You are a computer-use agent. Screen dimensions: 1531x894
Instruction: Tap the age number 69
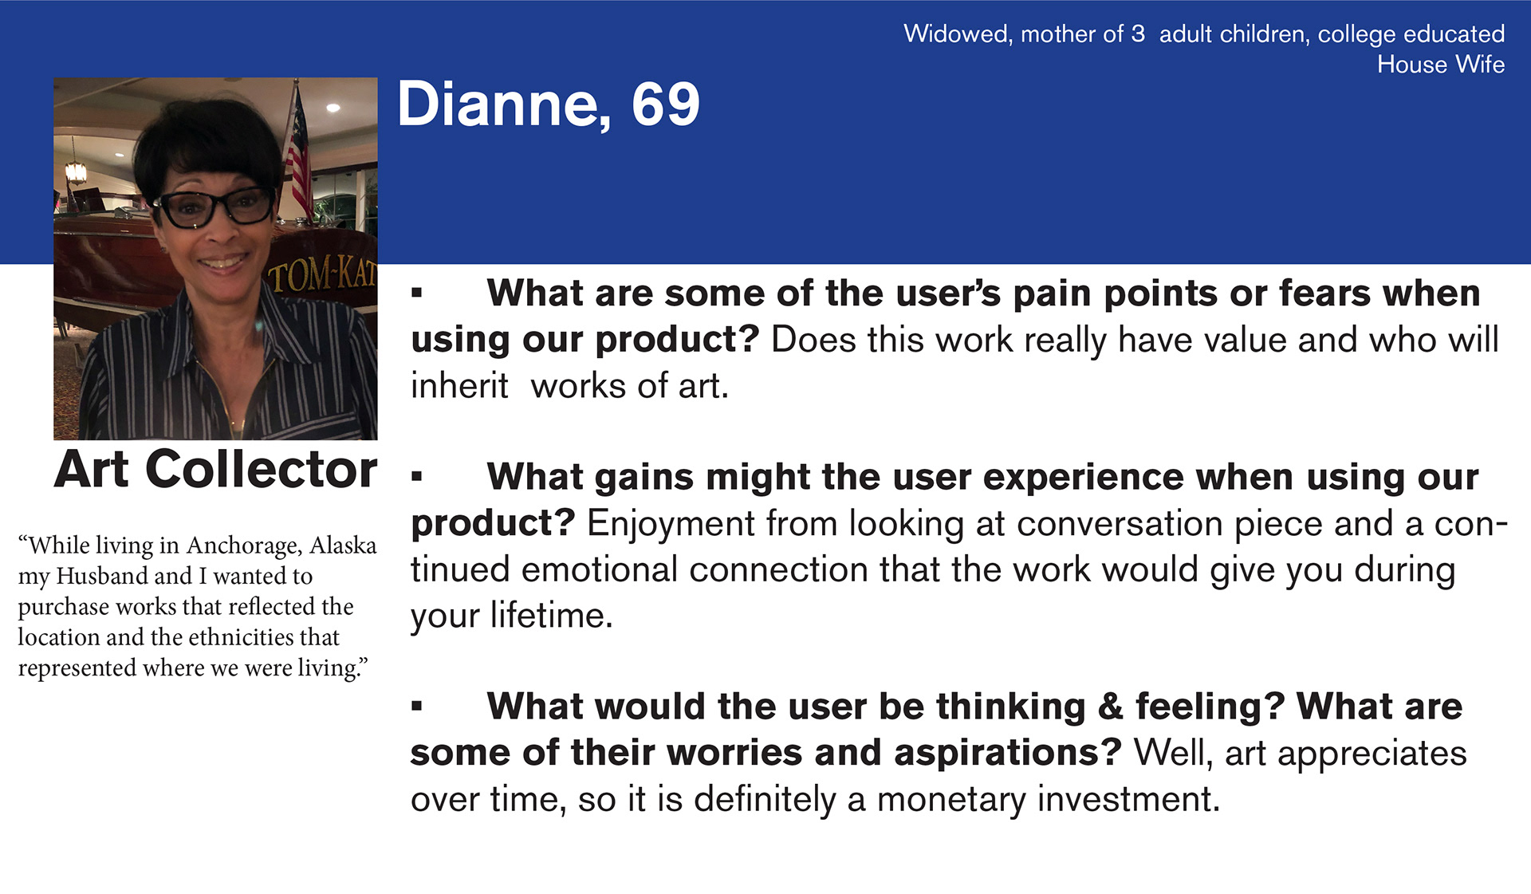tap(666, 104)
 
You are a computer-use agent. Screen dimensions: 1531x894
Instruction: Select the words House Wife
tap(1441, 65)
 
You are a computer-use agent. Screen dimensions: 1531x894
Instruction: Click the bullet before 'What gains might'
tap(416, 476)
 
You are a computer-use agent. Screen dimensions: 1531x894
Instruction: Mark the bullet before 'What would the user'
tap(416, 706)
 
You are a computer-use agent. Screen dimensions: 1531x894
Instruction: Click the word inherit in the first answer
tap(459, 386)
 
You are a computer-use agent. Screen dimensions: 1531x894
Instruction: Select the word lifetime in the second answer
tap(551, 616)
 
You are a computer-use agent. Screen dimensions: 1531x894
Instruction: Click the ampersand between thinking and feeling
tap(1110, 707)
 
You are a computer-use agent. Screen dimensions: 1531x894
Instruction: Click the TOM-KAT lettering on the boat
tap(322, 275)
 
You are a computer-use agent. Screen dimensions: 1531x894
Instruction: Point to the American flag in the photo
tap(297, 152)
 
